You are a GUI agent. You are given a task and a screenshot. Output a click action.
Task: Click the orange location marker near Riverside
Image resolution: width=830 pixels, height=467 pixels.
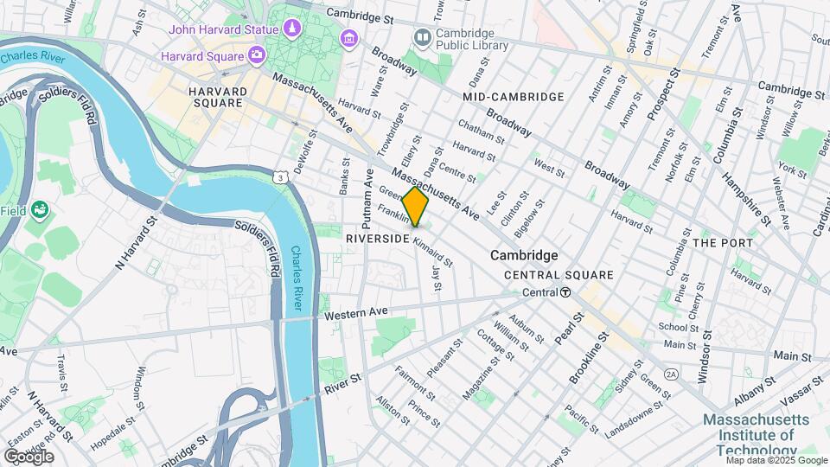point(415,207)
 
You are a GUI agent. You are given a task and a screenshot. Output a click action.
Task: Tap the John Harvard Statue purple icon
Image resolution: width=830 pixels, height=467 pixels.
point(293,30)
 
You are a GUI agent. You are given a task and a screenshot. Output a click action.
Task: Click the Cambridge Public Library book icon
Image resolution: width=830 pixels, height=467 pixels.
point(422,37)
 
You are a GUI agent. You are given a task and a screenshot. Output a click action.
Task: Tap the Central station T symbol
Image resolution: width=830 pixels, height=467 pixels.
point(565,292)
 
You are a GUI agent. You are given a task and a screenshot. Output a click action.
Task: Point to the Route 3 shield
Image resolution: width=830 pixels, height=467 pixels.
point(279,177)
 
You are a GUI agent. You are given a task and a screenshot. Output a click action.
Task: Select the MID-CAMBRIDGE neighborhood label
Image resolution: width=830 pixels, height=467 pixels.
point(514,97)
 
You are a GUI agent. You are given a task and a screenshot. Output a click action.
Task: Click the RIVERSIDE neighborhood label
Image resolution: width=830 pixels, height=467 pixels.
point(376,237)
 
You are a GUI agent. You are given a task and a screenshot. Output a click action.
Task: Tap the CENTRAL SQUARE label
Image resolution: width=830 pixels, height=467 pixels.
point(559,275)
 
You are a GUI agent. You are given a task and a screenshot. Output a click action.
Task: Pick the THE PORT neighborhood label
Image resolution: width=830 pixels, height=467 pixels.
point(723,243)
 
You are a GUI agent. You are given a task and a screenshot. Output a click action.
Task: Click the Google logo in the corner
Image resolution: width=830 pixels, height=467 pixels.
point(29,457)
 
